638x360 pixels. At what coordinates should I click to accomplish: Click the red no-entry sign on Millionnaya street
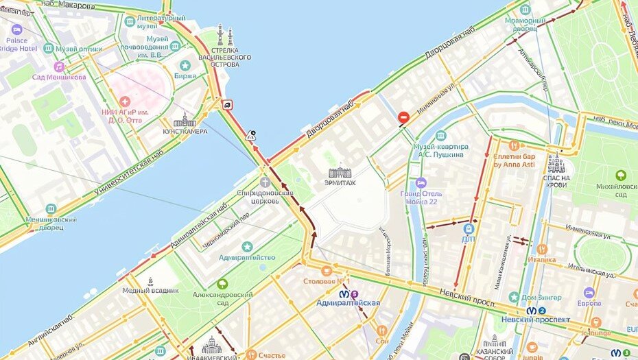(404, 119)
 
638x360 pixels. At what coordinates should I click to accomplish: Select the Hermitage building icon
(340, 171)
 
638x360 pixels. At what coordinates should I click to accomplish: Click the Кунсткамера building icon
(185, 120)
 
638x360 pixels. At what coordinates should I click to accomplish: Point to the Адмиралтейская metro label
(348, 302)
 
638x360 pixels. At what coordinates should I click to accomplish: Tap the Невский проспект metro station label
(545, 320)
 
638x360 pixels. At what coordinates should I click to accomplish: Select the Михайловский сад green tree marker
(621, 176)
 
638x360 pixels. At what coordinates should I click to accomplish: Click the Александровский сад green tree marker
(222, 283)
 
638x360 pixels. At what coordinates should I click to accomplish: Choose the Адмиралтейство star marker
(247, 246)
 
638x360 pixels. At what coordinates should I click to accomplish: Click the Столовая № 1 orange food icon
(327, 271)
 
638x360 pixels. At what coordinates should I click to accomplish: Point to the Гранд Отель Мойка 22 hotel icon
(421, 183)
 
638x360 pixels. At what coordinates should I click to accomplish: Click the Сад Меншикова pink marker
(59, 67)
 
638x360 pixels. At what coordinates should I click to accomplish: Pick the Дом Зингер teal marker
(514, 297)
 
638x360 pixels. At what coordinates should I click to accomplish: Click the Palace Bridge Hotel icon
(17, 29)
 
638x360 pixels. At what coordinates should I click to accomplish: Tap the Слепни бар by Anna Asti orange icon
(514, 145)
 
